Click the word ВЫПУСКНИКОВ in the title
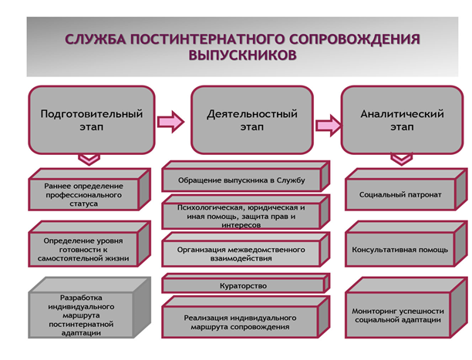click(243, 55)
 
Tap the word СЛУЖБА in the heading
click(96, 39)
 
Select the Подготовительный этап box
click(92, 120)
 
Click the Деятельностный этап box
click(252, 120)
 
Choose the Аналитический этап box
click(402, 120)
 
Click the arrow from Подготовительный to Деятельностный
click(170, 122)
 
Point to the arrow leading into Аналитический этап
click(329, 125)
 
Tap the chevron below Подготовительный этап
click(89, 160)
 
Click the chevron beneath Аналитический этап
click(402, 160)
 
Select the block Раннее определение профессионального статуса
click(89, 190)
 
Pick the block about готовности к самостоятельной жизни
click(89, 244)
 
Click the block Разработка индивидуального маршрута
click(89, 308)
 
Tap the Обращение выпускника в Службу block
click(245, 176)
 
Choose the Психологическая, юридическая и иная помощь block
click(245, 212)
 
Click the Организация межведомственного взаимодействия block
click(245, 250)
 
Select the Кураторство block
click(245, 283)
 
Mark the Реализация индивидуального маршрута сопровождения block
click(245, 317)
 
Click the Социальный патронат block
click(406, 190)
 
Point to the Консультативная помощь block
click(406, 244)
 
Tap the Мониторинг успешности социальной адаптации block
click(406, 308)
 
